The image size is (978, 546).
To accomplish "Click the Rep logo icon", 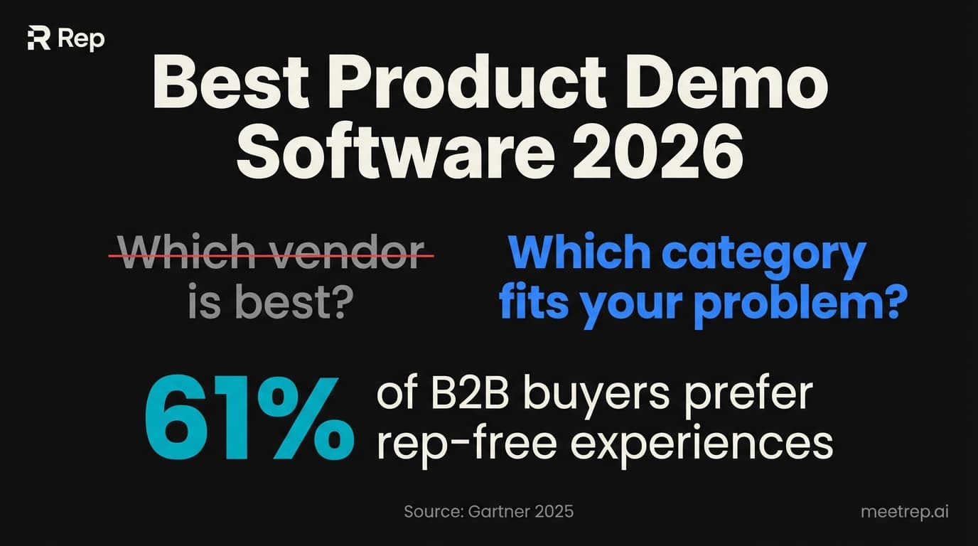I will point(38,39).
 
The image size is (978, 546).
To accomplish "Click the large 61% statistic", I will point(248,419).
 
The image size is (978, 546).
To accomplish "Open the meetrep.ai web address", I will point(903,511).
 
